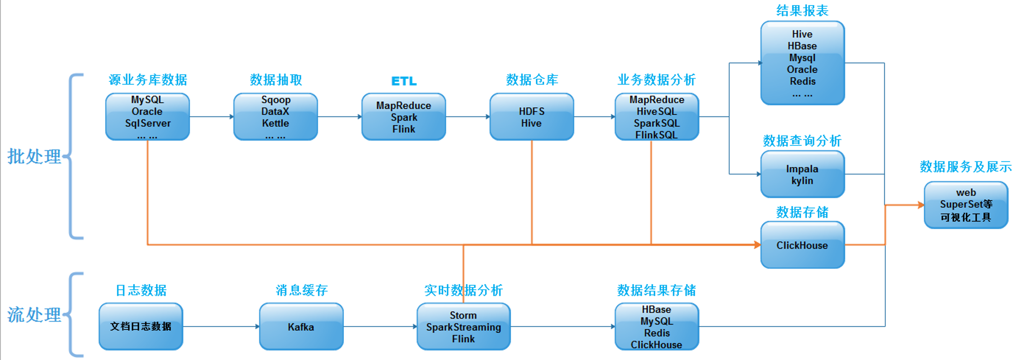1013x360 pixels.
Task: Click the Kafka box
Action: coord(301,327)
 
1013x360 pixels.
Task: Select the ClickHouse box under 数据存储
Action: coord(802,245)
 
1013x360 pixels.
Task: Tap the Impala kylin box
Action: coord(802,174)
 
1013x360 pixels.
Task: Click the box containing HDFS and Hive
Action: coord(532,117)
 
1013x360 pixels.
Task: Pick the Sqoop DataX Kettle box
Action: coord(276,117)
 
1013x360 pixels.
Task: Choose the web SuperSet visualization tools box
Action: coord(966,205)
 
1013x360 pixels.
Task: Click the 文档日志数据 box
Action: coord(141,327)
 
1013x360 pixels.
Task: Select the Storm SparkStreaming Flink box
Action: coord(463,327)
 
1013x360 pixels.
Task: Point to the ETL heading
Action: coord(404,81)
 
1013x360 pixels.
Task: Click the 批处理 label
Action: coord(34,156)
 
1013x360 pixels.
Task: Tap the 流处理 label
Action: coord(34,314)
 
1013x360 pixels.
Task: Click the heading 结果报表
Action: coord(802,11)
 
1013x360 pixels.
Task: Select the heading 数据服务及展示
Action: coord(965,167)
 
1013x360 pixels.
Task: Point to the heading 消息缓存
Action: coord(301,290)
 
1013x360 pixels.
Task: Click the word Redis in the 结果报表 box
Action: coord(803,81)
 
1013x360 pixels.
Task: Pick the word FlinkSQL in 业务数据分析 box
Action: coord(656,135)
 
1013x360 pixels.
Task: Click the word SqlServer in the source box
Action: coord(148,123)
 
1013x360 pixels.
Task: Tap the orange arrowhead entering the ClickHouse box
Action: coord(757,245)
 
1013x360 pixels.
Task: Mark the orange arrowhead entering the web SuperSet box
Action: coord(921,205)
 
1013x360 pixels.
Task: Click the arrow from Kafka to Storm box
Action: coord(380,327)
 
